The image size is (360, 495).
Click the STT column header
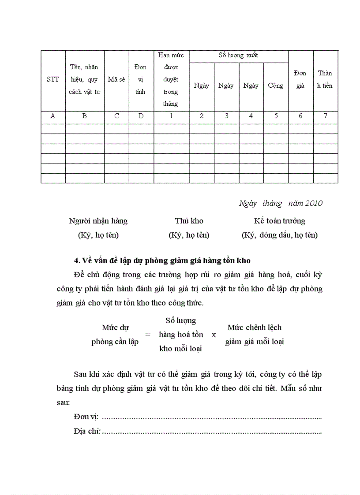[x=53, y=80]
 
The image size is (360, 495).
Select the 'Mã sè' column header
[x=116, y=80]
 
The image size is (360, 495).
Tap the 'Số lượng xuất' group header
[x=239, y=56]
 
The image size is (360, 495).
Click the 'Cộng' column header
[x=276, y=86]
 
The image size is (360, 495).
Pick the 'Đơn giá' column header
[x=300, y=79]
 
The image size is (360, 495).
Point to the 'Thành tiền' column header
[x=325, y=79]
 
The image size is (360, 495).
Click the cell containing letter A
[x=53, y=116]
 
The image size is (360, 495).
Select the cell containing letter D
[x=141, y=116]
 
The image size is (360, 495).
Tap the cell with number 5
[x=276, y=116]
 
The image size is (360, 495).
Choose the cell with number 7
[x=326, y=116]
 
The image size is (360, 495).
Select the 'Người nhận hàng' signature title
[x=98, y=221]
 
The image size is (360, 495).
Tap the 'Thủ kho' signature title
[x=189, y=221]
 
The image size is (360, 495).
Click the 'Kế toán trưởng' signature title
[x=280, y=221]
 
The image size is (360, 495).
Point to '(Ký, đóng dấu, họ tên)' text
[x=280, y=235]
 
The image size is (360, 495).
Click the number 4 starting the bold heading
[x=76, y=261]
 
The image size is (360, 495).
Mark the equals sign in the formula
[x=148, y=335]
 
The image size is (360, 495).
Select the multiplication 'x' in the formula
[x=214, y=335]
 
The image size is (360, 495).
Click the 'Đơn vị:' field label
[x=86, y=417]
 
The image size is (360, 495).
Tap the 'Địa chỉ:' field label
[x=87, y=431]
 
